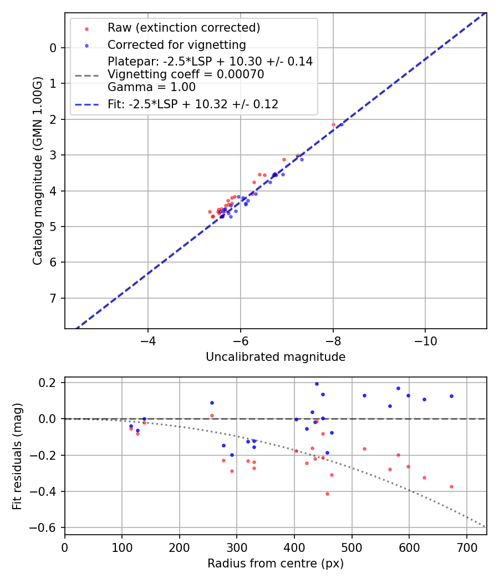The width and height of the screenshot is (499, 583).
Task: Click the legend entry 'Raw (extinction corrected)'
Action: [x=184, y=28]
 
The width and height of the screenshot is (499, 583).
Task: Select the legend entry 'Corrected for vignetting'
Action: [x=176, y=44]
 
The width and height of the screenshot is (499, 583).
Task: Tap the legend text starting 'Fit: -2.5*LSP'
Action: [x=193, y=104]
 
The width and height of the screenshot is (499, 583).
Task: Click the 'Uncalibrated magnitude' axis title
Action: [x=276, y=357]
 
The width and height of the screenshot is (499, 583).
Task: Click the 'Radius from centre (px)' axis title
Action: [x=276, y=564]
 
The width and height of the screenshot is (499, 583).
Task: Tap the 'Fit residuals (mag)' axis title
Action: [x=18, y=456]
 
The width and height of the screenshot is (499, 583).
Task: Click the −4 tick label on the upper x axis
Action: [x=147, y=339]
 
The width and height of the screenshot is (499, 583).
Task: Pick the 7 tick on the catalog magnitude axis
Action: [x=53, y=298]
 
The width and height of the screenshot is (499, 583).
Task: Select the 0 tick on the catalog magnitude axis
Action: [x=53, y=48]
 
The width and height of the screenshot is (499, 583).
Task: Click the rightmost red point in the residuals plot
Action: [x=451, y=486]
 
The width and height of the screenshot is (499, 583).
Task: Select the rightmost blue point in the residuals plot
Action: [x=451, y=396]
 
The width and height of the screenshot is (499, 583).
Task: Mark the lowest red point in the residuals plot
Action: [x=327, y=494]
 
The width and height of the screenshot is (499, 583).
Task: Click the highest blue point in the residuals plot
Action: [x=317, y=384]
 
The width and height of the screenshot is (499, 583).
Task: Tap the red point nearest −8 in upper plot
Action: [x=333, y=125]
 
